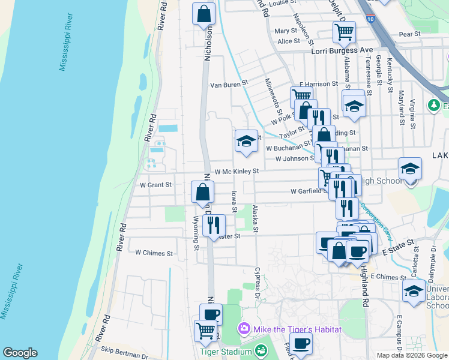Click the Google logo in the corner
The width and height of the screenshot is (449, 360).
20,353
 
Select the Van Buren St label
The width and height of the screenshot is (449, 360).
228,85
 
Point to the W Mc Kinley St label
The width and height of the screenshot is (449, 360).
236,171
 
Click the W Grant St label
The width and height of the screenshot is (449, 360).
155,184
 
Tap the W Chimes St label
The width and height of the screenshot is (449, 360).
154,253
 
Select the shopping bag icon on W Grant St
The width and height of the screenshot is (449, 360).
203,192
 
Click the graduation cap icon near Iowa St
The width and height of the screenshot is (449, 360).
246,142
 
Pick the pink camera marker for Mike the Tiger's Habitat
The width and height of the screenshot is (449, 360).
244,329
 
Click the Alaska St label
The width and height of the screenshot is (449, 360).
256,219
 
